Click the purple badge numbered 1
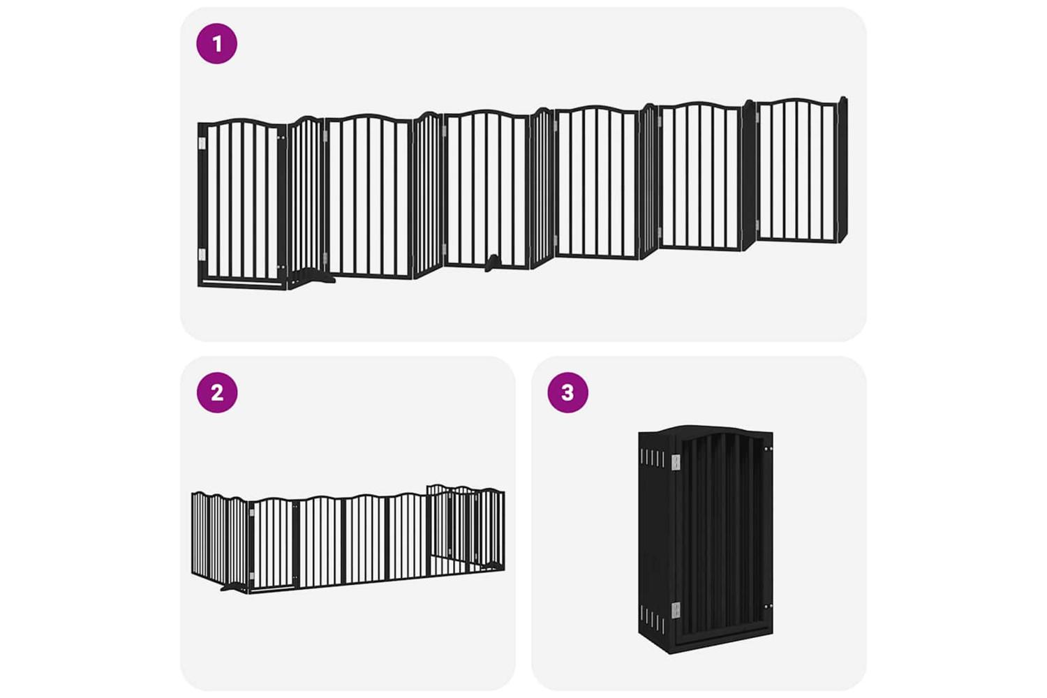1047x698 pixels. pyautogui.click(x=217, y=43)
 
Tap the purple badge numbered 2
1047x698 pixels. pyautogui.click(x=217, y=392)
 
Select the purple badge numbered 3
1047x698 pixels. pyautogui.click(x=568, y=392)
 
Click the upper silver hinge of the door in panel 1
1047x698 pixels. pyautogui.click(x=202, y=143)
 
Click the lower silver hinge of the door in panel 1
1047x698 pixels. pyautogui.click(x=202, y=254)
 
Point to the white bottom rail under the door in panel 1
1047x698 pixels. pyautogui.click(x=242, y=283)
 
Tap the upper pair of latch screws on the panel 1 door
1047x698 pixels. pyautogui.click(x=281, y=138)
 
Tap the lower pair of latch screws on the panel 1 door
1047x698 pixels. pyautogui.click(x=281, y=267)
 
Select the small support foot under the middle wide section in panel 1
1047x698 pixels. pyautogui.click(x=492, y=263)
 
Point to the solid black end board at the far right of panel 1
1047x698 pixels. pyautogui.click(x=842, y=170)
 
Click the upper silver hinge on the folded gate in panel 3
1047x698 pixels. pyautogui.click(x=676, y=462)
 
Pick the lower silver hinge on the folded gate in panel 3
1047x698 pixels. pyautogui.click(x=676, y=610)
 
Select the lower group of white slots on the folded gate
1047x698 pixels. pyautogui.click(x=653, y=623)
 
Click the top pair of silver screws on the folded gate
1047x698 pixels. pyautogui.click(x=768, y=448)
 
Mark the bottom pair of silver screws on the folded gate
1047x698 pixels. pyautogui.click(x=768, y=607)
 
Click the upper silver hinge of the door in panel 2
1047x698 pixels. pyautogui.click(x=251, y=513)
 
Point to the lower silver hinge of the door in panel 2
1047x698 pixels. pyautogui.click(x=251, y=576)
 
